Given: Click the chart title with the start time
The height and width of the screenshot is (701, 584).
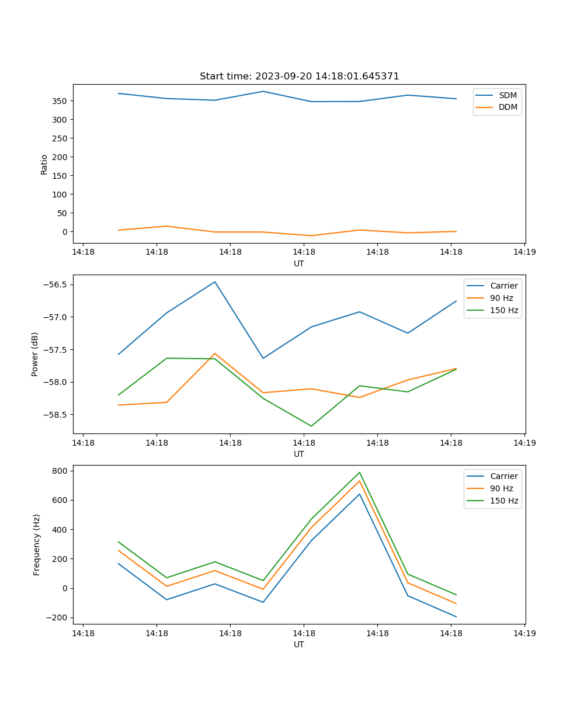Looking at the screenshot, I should point(299,77).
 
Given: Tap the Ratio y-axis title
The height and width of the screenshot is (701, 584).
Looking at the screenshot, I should point(44,164).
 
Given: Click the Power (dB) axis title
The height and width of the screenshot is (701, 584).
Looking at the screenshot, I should point(35,354).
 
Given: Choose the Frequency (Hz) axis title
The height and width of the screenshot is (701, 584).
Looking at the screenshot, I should point(37,544).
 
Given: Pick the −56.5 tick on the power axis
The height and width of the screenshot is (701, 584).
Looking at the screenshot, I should point(56,285).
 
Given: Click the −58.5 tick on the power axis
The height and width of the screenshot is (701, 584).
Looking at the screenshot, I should point(56,415).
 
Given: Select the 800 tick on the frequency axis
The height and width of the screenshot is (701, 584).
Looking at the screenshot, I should point(61,471).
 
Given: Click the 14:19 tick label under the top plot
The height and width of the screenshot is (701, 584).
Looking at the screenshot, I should point(524,253).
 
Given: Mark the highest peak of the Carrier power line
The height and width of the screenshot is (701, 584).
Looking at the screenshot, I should point(215,282).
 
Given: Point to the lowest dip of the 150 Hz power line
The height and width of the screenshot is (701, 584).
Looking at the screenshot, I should point(311,426).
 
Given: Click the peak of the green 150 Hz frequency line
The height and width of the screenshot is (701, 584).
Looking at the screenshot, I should point(360,473).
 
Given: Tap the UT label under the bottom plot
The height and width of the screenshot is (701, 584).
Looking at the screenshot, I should point(299,644).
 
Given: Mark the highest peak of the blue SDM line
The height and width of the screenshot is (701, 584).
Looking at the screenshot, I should point(263,91).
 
